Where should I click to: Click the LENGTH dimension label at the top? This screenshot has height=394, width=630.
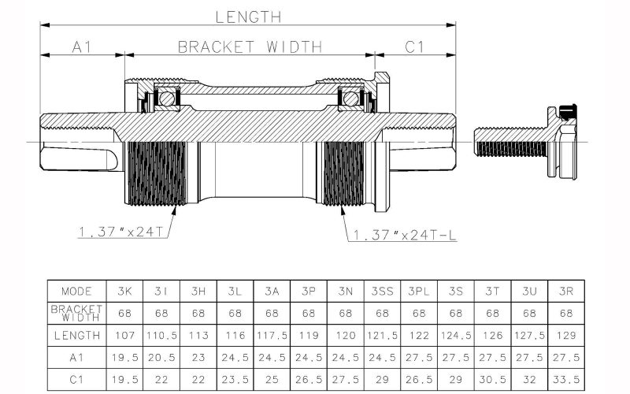click(x=248, y=15)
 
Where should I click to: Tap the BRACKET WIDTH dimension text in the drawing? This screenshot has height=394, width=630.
click(x=250, y=46)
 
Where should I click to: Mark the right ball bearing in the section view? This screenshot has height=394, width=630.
click(x=349, y=98)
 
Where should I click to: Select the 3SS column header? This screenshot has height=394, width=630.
click(x=383, y=291)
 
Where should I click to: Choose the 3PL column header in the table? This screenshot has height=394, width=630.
click(x=419, y=291)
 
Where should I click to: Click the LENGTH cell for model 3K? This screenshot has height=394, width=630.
click(x=124, y=335)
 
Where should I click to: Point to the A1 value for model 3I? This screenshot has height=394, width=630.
click(x=161, y=357)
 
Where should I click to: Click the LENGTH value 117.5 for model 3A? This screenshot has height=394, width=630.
click(x=272, y=335)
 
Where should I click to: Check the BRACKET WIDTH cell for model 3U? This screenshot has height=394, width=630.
click(x=530, y=313)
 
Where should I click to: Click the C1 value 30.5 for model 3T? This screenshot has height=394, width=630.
click(x=493, y=378)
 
